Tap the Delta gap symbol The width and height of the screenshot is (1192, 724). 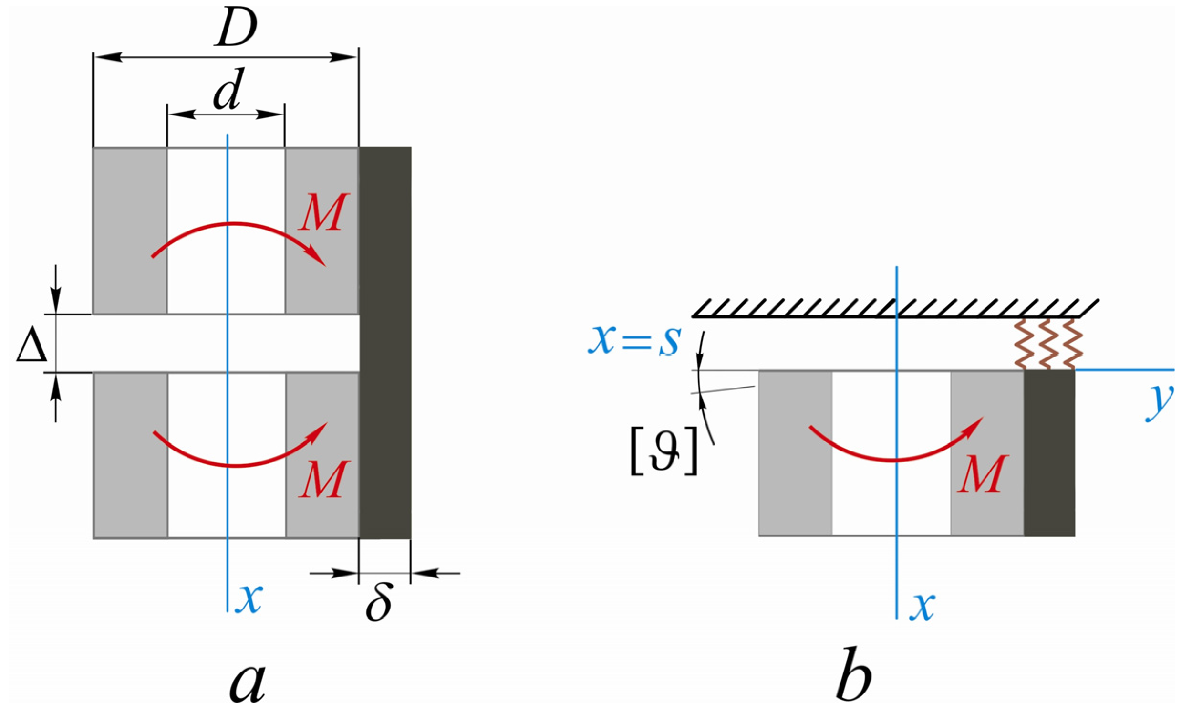pos(32,348)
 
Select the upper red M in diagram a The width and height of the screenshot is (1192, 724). pos(323,212)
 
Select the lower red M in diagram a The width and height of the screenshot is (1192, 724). pos(323,480)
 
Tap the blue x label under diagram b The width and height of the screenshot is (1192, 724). pos(922,607)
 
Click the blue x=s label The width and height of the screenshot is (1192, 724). pos(635,341)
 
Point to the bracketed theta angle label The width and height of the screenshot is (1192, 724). pos(663,456)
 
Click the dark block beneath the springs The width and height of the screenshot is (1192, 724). pos(1049,452)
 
